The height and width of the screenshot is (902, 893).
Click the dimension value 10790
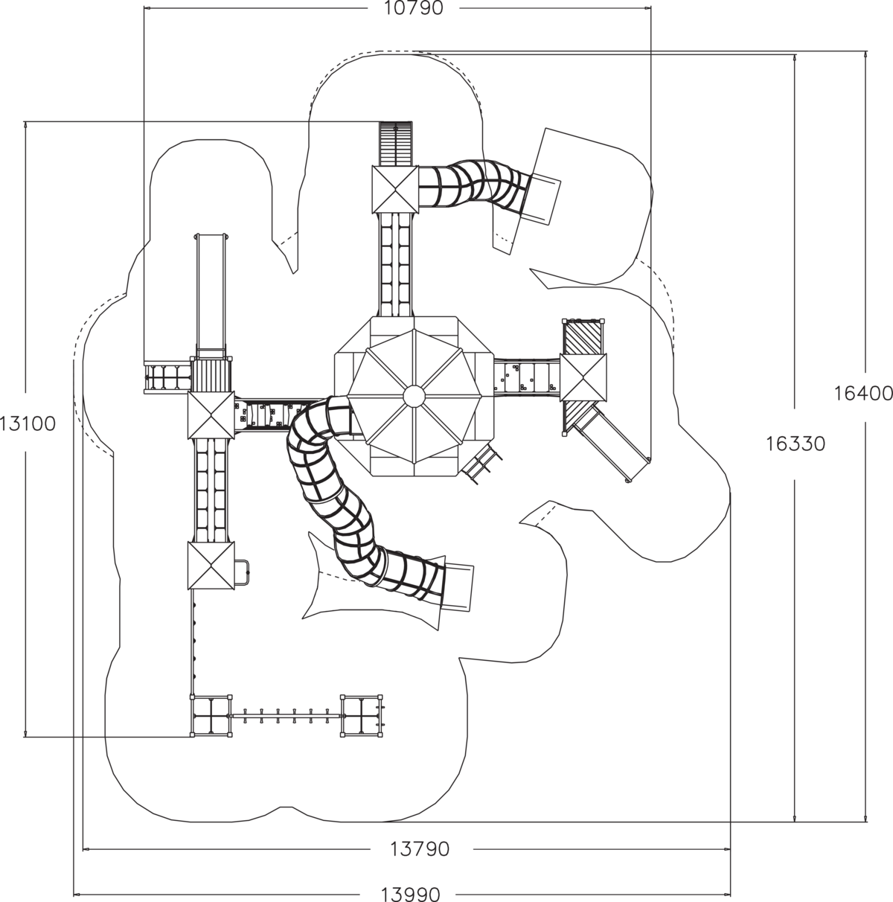(413, 8)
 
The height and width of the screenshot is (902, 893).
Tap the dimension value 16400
(863, 394)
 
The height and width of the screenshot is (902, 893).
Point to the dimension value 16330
(795, 444)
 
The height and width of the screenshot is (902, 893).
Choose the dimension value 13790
(420, 848)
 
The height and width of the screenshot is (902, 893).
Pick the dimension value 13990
(411, 894)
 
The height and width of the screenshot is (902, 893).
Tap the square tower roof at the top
(395, 189)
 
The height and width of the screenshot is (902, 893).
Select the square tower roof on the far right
(583, 378)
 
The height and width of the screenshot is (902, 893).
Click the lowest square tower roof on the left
(211, 566)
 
